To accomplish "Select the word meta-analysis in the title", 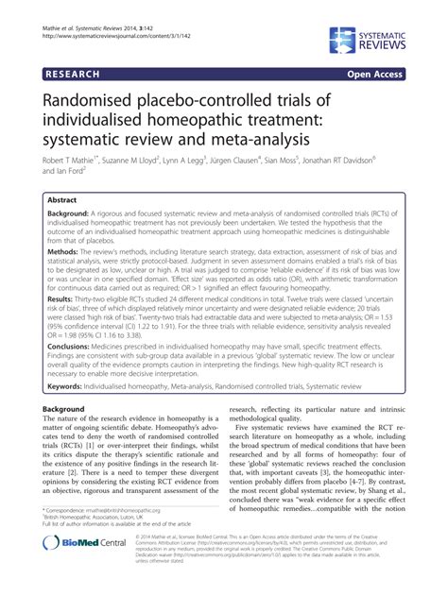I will coord(249,141).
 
